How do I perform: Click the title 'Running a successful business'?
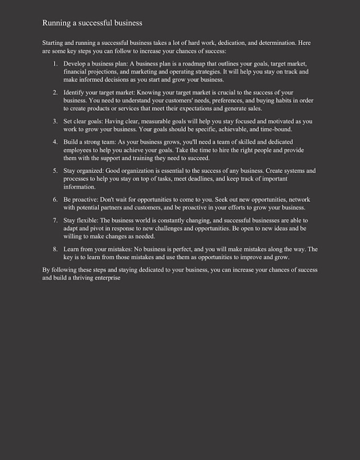point(92,23)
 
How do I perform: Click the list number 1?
point(55,64)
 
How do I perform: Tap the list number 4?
point(55,142)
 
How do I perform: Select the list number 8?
point(55,249)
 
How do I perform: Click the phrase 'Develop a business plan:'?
point(96,64)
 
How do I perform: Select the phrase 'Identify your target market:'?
point(98,92)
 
